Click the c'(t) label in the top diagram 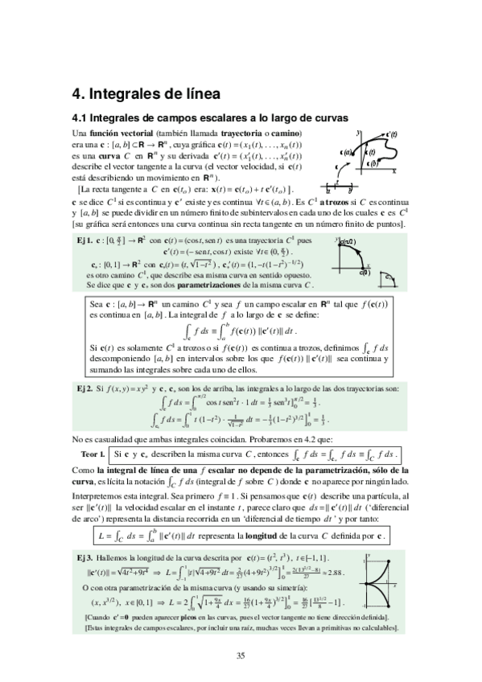(393, 134)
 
